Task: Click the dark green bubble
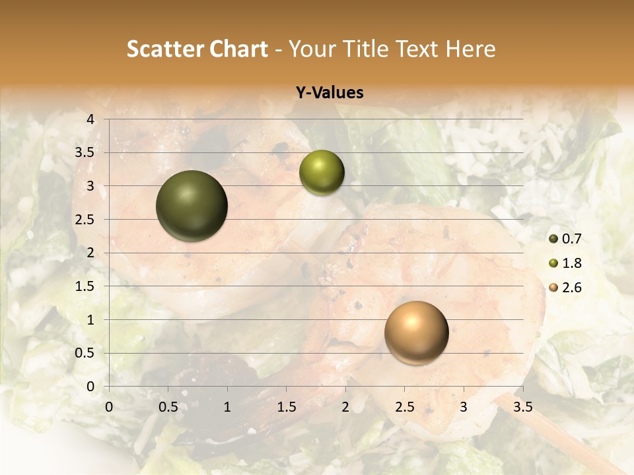(192, 206)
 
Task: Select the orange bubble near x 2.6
(416, 332)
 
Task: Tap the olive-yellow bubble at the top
(322, 173)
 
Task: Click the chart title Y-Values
(329, 93)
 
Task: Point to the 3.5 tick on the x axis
(523, 407)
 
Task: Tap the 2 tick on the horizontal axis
(345, 407)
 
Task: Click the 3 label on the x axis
(464, 407)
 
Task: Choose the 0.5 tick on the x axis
(168, 407)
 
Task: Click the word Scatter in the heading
(165, 49)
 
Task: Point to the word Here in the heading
(470, 49)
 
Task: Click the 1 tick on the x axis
(227, 407)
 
